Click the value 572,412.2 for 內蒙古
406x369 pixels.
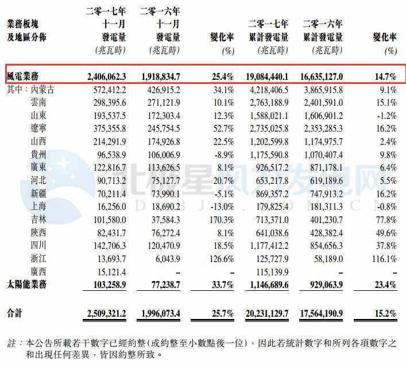pos(109,90)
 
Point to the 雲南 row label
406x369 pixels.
pos(40,103)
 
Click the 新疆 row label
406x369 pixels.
pos(40,194)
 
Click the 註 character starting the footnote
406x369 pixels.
pos(10,343)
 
